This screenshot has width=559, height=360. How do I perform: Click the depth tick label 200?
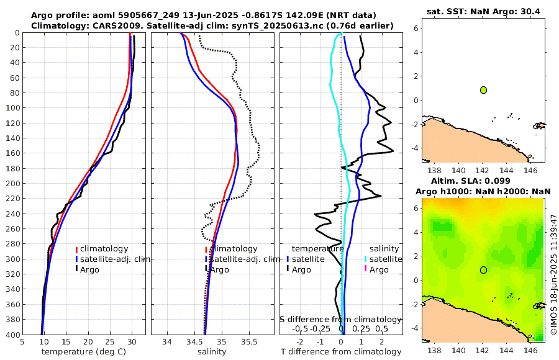click(x=12, y=183)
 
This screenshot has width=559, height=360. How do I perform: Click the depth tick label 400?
click(x=12, y=334)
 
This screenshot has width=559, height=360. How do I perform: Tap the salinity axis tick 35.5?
click(x=248, y=342)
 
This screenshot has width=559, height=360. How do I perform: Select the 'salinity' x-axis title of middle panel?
click(x=212, y=352)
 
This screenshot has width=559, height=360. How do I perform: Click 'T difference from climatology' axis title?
click(x=341, y=352)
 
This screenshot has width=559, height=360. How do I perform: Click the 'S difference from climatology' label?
click(x=340, y=319)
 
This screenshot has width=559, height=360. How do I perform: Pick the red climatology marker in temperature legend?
click(x=76, y=249)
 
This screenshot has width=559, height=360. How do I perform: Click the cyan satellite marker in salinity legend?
click(x=366, y=259)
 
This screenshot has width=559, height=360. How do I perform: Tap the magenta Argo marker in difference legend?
click(x=366, y=269)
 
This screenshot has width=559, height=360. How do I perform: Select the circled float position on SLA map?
click(x=483, y=270)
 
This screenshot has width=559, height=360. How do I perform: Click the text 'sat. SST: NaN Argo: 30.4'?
click(x=483, y=11)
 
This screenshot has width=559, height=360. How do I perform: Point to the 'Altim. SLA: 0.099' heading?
click(x=483, y=181)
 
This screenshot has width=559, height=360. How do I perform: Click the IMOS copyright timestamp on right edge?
click(x=554, y=275)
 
